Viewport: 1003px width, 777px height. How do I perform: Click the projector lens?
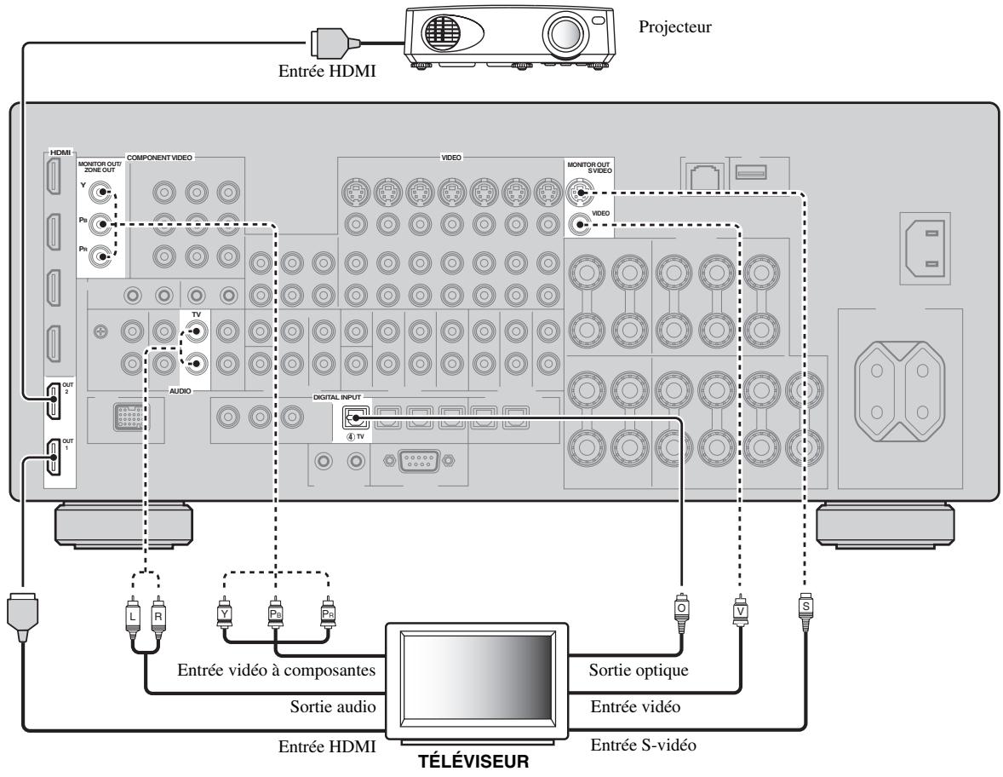(565, 32)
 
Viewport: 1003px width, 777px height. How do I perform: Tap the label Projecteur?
(675, 27)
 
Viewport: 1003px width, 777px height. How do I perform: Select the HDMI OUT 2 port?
(53, 400)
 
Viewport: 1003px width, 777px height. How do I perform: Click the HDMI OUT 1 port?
(53, 457)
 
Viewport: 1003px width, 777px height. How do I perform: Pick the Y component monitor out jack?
(100, 192)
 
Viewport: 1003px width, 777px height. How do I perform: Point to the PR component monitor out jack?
(100, 256)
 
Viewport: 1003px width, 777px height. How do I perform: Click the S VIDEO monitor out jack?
(580, 192)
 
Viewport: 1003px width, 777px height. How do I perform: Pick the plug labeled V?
(740, 610)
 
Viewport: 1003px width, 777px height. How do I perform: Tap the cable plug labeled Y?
(224, 613)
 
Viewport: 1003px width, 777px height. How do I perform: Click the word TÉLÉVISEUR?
(473, 762)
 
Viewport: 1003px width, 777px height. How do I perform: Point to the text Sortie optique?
(639, 671)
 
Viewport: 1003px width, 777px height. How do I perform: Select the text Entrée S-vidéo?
(643, 745)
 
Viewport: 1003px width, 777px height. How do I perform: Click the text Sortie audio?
(333, 706)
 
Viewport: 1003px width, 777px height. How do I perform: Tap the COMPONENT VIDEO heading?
(159, 158)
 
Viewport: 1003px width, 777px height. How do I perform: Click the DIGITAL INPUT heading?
(337, 398)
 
